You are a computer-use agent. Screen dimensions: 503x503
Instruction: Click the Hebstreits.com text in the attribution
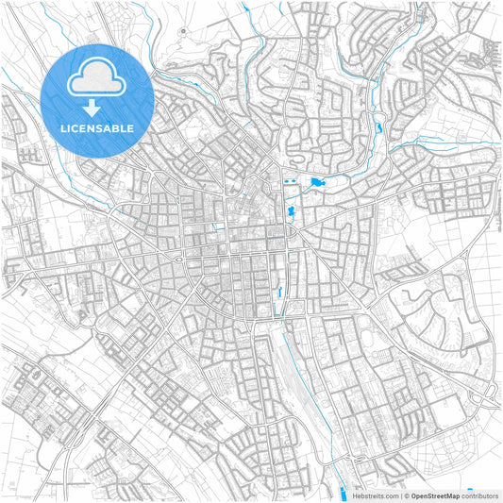click(x=376, y=495)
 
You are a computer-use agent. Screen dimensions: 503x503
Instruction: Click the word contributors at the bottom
click(x=480, y=495)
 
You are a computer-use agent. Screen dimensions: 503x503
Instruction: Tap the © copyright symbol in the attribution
click(x=405, y=495)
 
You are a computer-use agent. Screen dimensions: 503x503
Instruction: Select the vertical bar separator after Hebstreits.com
click(x=399, y=495)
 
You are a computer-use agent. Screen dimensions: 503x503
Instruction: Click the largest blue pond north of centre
click(x=317, y=181)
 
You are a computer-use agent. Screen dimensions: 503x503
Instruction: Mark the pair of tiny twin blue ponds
click(x=290, y=180)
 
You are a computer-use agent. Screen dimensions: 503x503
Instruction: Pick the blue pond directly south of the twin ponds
click(x=291, y=211)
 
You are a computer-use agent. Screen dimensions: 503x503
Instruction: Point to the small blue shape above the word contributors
click(x=470, y=489)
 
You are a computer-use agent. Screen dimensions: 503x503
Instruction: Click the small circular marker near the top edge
click(x=182, y=31)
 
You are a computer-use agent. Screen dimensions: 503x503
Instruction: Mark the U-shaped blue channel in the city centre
click(x=219, y=226)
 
